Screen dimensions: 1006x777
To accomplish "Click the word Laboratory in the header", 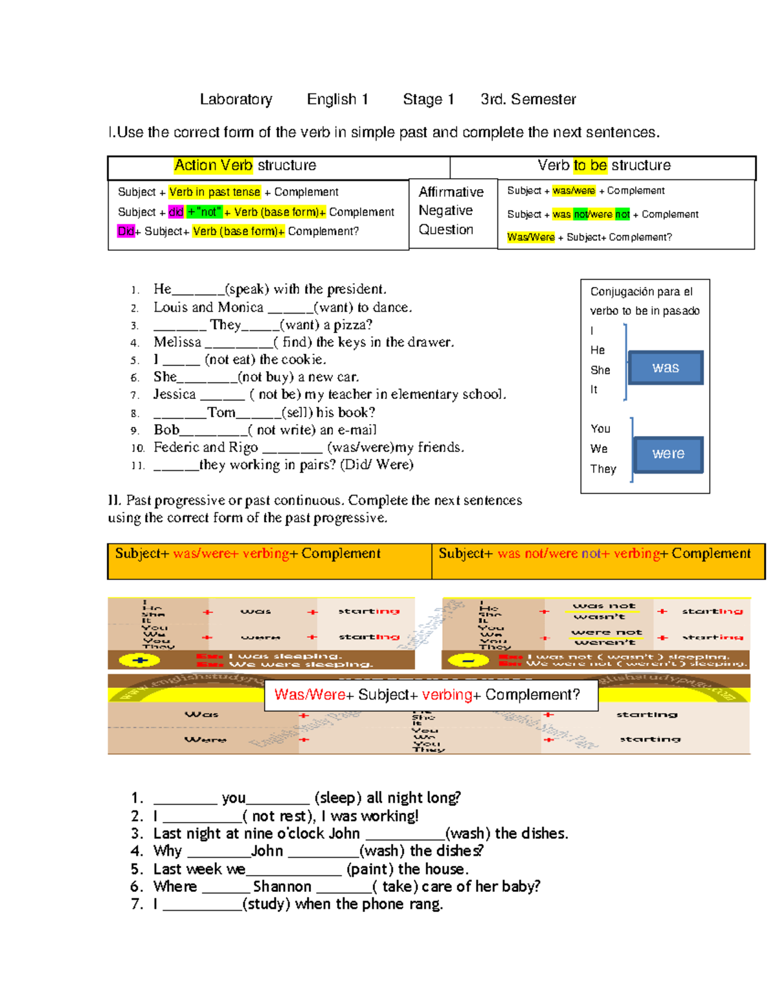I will point(236,99).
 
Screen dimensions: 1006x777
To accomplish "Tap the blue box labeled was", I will point(666,368).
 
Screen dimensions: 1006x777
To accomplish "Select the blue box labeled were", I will point(668,453).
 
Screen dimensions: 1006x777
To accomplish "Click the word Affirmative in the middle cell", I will point(451,192).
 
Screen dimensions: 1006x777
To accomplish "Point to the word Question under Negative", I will point(445,229).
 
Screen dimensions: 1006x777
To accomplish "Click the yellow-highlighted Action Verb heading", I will point(214,165).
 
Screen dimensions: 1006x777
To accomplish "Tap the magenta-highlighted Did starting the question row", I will point(126,231).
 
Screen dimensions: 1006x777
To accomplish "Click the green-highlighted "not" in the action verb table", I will point(205,212).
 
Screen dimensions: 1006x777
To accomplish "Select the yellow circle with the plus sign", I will point(140,661).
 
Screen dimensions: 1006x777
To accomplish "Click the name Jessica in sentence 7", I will point(174,394).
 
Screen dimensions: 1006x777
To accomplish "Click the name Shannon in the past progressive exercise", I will point(282,886).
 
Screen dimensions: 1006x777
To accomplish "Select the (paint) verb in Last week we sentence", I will point(370,869).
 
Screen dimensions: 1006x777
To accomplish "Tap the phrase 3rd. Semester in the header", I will point(528,99).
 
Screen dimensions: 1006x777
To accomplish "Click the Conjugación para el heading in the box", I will point(641,292).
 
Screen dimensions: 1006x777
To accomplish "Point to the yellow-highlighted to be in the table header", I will point(590,165).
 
